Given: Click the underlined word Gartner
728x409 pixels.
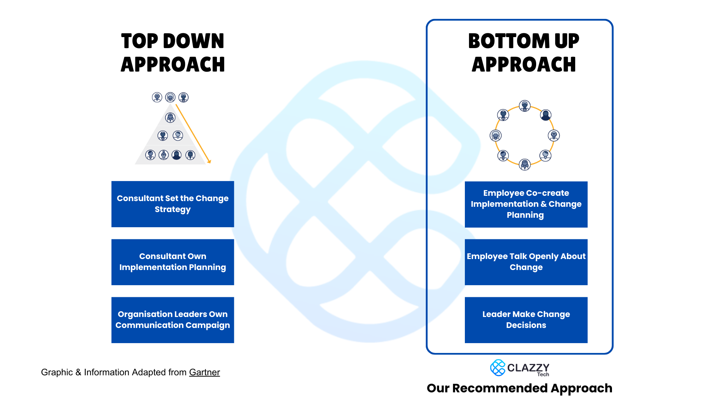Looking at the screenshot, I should (x=204, y=372).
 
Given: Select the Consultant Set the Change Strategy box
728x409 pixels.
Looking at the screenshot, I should (x=173, y=204).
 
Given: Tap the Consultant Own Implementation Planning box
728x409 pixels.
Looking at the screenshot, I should (x=173, y=262).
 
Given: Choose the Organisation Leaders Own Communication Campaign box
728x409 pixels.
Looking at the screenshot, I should (x=173, y=320).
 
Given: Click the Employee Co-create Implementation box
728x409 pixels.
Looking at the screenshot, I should (x=526, y=204).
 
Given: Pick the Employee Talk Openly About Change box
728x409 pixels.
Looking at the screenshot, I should (x=526, y=262).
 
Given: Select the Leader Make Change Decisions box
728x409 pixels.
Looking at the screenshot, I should (x=526, y=320).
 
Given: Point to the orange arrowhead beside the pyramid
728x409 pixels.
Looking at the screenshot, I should (x=209, y=162).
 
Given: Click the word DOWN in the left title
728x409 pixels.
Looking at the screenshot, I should (x=193, y=41).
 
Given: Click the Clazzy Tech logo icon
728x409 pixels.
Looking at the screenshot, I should (x=497, y=368).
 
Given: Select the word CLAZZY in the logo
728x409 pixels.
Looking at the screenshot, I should (x=528, y=367).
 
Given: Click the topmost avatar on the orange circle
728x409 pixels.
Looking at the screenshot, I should (x=525, y=106).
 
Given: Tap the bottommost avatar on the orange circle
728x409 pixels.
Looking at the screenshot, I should (x=525, y=164).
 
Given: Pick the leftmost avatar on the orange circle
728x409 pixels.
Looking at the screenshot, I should (x=496, y=135).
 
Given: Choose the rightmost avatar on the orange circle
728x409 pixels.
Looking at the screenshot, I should (x=554, y=135).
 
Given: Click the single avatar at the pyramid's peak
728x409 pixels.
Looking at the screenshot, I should (x=170, y=118).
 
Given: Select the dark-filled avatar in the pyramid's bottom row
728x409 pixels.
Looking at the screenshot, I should (x=177, y=155).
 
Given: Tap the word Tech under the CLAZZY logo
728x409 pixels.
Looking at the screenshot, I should (x=543, y=375).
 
